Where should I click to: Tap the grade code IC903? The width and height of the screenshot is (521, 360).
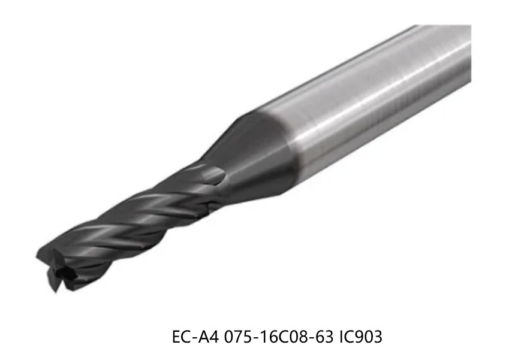(361, 337)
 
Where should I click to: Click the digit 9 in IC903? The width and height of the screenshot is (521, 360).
(361, 337)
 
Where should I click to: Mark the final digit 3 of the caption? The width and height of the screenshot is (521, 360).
(378, 337)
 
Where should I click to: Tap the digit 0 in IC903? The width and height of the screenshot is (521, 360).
(369, 337)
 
